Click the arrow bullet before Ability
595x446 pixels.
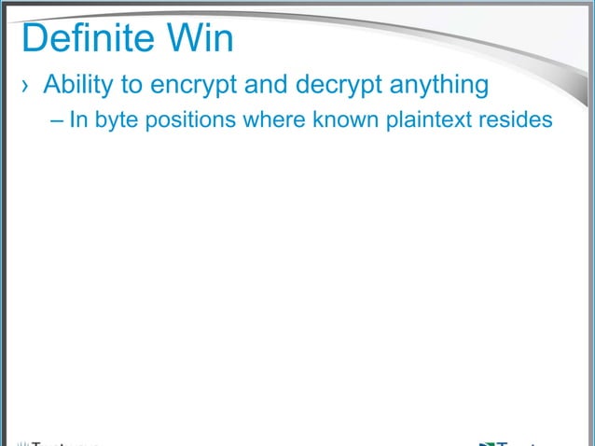click(x=26, y=87)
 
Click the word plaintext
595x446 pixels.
click(x=428, y=121)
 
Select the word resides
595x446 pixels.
click(x=513, y=120)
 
